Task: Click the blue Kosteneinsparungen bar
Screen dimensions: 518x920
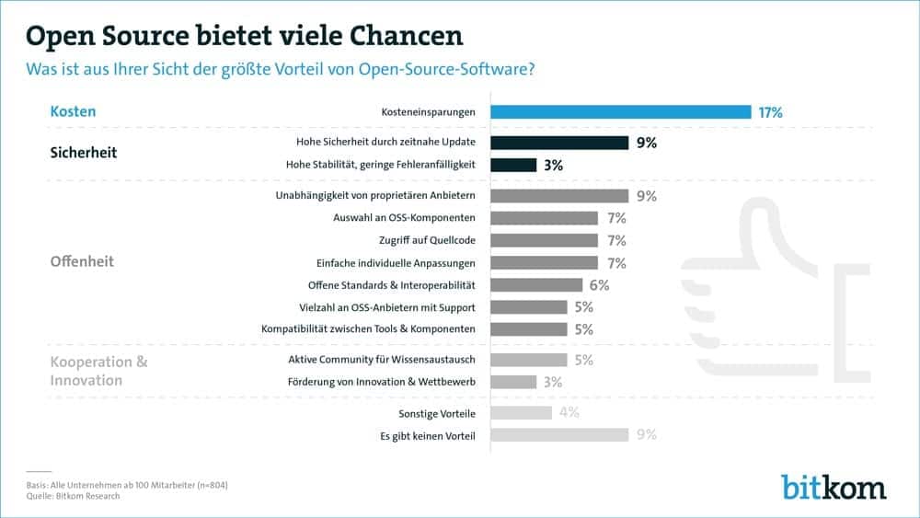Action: coord(620,112)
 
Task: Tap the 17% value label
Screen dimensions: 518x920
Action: coord(770,112)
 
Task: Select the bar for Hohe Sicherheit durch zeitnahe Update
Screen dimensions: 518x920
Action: coord(558,143)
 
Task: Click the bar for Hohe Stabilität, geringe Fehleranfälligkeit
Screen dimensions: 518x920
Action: coord(513,165)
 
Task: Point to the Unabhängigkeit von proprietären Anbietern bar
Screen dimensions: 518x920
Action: coord(558,196)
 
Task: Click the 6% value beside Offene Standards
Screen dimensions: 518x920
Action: coord(599,285)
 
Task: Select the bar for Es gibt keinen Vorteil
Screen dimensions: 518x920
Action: coord(558,434)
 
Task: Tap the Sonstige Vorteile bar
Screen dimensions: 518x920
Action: coord(521,412)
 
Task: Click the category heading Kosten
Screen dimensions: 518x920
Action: coord(73,112)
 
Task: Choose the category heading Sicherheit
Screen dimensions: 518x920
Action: coord(83,153)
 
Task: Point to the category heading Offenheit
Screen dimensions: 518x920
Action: coord(82,261)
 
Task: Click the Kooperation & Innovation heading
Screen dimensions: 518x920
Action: coord(98,371)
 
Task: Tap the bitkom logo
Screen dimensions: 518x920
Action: coord(834,485)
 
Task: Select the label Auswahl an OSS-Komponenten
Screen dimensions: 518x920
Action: coord(404,218)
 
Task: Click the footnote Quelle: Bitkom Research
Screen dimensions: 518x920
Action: coord(74,496)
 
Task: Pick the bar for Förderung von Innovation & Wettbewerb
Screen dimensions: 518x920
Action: coord(513,382)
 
